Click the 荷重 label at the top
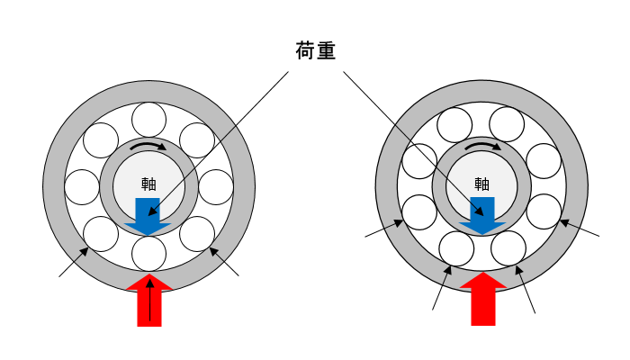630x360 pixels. click(x=315, y=50)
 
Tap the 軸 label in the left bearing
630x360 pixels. click(x=148, y=184)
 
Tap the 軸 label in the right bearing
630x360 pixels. click(x=481, y=184)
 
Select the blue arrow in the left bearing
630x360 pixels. click(x=148, y=216)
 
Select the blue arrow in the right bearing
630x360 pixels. click(x=482, y=216)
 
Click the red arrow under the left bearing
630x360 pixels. click(x=149, y=300)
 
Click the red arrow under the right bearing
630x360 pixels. click(x=483, y=299)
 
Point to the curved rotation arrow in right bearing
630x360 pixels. click(x=482, y=145)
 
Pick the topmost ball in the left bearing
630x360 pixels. click(x=148, y=120)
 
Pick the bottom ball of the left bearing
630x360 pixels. click(x=148, y=254)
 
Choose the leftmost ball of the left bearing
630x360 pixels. click(x=82, y=187)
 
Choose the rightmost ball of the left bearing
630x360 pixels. click(x=216, y=187)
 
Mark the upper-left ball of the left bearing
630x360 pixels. click(x=101, y=140)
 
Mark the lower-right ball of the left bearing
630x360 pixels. click(x=197, y=234)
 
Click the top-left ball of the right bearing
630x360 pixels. click(x=454, y=125)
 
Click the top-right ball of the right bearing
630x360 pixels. click(x=507, y=124)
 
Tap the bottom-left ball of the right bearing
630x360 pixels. click(x=456, y=249)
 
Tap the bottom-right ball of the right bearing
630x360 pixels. click(x=508, y=248)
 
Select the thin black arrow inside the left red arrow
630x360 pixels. click(x=150, y=300)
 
